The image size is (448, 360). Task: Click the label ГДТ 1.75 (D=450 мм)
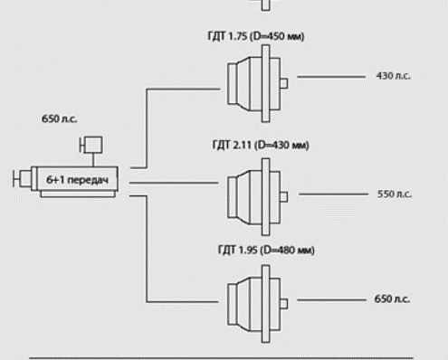click(x=256, y=36)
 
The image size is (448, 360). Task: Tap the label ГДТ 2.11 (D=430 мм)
click(x=261, y=145)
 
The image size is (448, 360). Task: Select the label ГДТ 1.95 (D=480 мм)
click(x=266, y=250)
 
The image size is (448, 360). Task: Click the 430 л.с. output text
click(x=394, y=76)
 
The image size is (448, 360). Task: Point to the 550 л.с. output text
click(x=395, y=194)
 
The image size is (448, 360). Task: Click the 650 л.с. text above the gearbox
click(x=60, y=118)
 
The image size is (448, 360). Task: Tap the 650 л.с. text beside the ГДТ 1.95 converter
click(x=392, y=298)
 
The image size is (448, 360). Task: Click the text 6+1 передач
click(x=77, y=180)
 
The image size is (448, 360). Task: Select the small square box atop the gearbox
click(x=93, y=145)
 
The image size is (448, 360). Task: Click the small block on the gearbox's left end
click(x=25, y=178)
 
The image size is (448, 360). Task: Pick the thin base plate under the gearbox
click(x=78, y=194)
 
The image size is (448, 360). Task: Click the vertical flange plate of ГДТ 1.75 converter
click(x=266, y=83)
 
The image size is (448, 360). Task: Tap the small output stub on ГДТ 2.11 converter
click(x=284, y=197)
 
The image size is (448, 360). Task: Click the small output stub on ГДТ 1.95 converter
click(x=284, y=304)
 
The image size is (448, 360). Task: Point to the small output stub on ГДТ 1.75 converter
click(x=284, y=83)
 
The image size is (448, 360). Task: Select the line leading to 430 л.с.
click(x=331, y=77)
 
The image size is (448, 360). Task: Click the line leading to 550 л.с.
click(x=333, y=194)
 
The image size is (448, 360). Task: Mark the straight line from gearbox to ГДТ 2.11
click(x=174, y=183)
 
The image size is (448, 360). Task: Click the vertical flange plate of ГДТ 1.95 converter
click(x=266, y=304)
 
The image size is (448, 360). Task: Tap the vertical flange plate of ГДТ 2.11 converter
click(x=266, y=197)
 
